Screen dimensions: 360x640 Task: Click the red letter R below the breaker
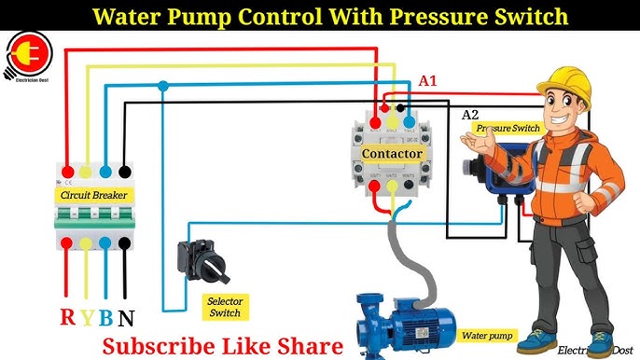click(67, 316)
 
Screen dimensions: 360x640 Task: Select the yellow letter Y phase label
click(87, 316)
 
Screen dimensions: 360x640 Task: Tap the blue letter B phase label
click(105, 316)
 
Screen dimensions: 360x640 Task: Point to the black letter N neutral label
click(126, 316)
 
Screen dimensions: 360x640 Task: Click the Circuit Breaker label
click(94, 195)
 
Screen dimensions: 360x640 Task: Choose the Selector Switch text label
click(225, 307)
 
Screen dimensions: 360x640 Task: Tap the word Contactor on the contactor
click(393, 153)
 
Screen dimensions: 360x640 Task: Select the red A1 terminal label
click(427, 81)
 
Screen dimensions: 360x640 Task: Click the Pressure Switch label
click(507, 127)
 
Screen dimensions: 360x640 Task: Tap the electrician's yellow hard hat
click(564, 82)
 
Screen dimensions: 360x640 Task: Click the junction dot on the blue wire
click(163, 86)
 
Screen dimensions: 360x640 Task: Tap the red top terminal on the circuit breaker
click(67, 171)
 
